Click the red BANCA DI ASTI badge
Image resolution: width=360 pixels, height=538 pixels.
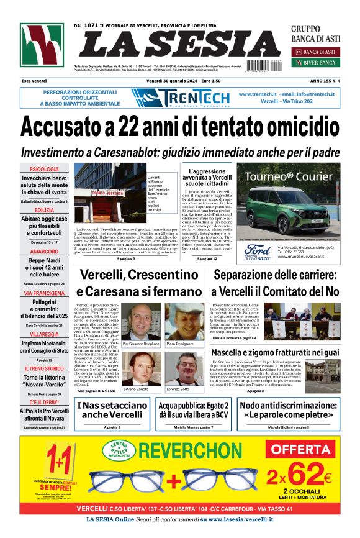pyautogui.click(x=314, y=51)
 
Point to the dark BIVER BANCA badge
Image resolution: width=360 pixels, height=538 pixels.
pyautogui.click(x=314, y=63)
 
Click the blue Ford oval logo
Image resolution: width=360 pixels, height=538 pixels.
pyautogui.click(x=257, y=249)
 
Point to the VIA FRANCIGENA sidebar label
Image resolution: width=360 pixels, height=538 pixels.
pyautogui.click(x=44, y=293)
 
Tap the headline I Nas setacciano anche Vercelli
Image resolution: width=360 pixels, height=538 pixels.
pyautogui.click(x=112, y=410)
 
